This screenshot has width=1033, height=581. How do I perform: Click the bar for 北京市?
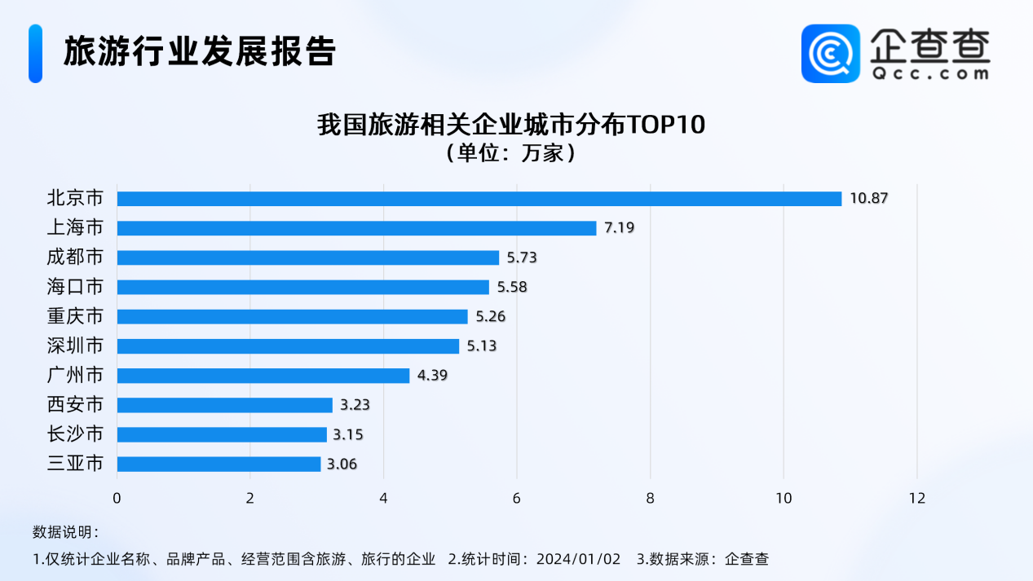(479, 199)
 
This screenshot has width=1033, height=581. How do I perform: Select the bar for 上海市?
(357, 228)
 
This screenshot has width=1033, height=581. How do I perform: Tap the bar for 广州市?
(263, 376)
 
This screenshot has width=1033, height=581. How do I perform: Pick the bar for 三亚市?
(219, 464)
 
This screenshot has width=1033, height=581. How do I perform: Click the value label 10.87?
(867, 199)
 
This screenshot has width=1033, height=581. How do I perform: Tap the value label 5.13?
(481, 346)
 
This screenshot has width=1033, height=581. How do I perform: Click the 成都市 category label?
(75, 257)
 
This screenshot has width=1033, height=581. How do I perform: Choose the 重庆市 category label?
(75, 316)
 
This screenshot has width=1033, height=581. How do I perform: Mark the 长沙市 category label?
(75, 434)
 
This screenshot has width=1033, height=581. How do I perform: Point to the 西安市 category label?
(75, 405)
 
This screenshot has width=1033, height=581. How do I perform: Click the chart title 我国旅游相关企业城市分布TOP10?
(510, 125)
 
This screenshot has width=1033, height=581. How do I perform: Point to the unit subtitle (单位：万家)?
(510, 153)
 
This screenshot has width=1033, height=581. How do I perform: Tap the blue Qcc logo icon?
(830, 53)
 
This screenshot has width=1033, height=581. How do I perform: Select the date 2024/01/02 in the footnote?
(579, 559)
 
